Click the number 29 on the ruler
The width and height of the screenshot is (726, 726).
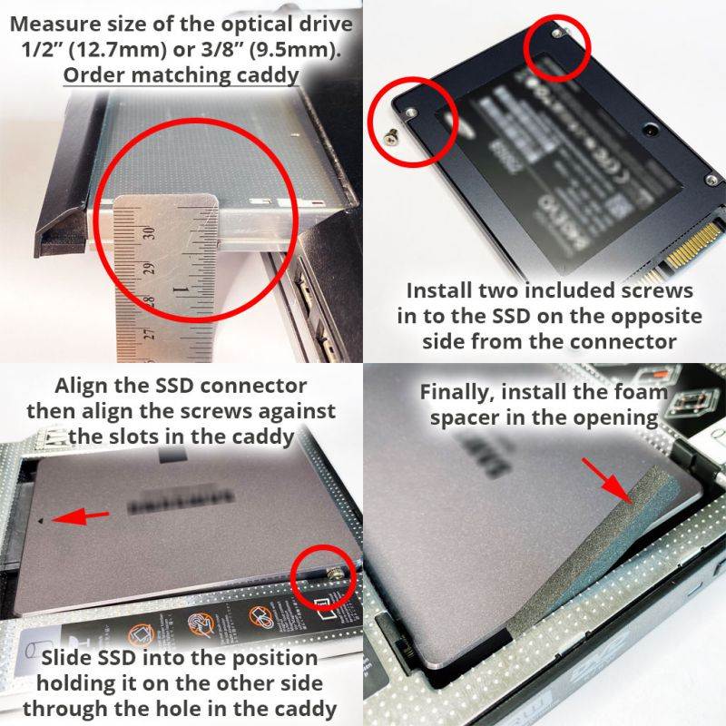point(150,268)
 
